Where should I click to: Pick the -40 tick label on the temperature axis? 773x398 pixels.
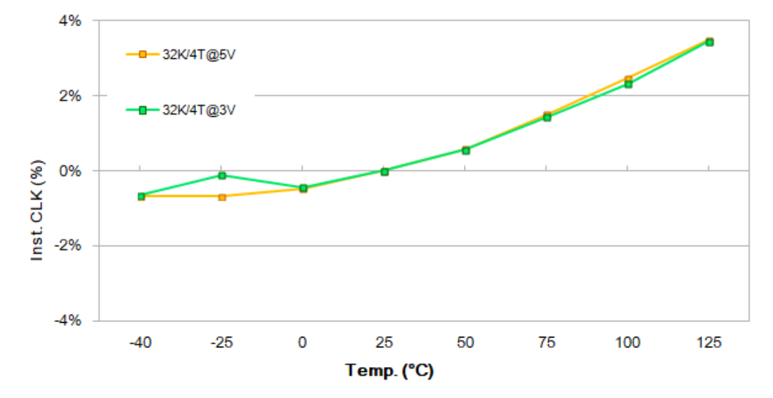point(140,343)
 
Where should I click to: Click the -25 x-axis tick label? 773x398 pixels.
point(221,343)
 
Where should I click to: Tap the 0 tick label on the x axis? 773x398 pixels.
point(302,343)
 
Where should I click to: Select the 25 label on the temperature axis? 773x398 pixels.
point(384,343)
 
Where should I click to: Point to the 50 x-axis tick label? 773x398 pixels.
point(465,343)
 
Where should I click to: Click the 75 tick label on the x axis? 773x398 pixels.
point(547,343)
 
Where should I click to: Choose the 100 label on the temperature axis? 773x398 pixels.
point(628,343)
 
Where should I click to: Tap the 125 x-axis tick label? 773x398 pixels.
point(709,343)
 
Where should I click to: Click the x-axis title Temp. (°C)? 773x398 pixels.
point(389,370)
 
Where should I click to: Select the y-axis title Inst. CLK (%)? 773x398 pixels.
point(38,210)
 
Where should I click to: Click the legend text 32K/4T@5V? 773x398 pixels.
point(197,54)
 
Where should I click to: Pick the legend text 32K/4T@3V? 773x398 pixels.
point(197,110)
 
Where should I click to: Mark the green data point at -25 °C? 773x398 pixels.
point(222,175)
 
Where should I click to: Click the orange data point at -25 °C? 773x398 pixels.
point(222,197)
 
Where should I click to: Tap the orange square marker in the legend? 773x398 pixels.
point(143,54)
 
